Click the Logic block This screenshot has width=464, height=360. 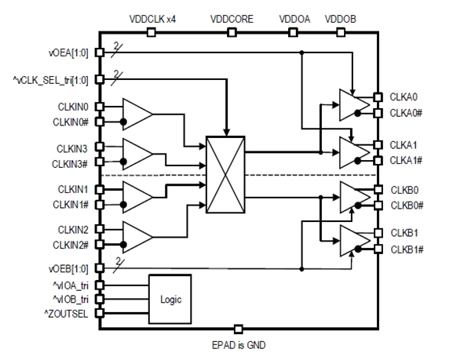coord(170,299)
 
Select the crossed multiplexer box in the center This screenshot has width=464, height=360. coord(225,174)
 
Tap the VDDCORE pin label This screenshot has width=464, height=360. coord(232,19)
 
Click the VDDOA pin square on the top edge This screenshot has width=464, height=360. coord(293,32)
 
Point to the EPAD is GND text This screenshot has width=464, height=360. coord(239,345)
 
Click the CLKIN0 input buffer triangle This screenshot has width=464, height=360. coord(137,114)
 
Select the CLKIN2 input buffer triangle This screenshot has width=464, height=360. coord(137,237)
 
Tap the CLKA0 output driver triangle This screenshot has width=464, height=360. coord(354,105)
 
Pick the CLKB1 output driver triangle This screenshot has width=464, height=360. coord(355,241)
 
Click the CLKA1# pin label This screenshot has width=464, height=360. coord(406,161)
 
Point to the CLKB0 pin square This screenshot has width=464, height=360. coord(378,190)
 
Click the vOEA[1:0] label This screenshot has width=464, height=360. coord(68,53)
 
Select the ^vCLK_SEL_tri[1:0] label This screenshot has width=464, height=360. coord(50,80)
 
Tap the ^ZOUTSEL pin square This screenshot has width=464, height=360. coord(100,313)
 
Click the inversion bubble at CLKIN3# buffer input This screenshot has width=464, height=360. coord(123,162)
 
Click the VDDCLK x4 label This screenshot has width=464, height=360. coord(152,19)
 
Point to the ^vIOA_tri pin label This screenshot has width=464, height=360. coord(71,285)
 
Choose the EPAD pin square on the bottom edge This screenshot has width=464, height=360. coord(238,329)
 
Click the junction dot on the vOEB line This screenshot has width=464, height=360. coord(301,269)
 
